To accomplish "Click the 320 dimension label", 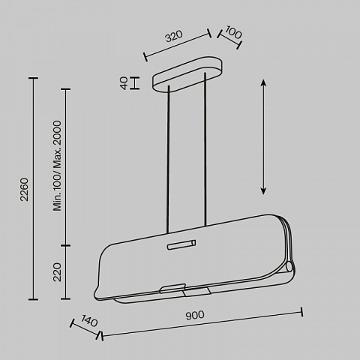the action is coord(174,36).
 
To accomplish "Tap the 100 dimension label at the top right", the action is coord(233,32).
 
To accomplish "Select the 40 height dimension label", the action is coord(124,83).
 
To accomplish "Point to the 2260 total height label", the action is coord(25,189).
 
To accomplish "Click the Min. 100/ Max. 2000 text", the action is coord(57,166).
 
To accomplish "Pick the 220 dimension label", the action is coord(57,272).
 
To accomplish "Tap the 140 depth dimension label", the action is coord(89,321).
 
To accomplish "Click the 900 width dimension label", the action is coord(195,315).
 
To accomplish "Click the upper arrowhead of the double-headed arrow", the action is coord(263,82).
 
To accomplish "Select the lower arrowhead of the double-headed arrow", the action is coord(263,191).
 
